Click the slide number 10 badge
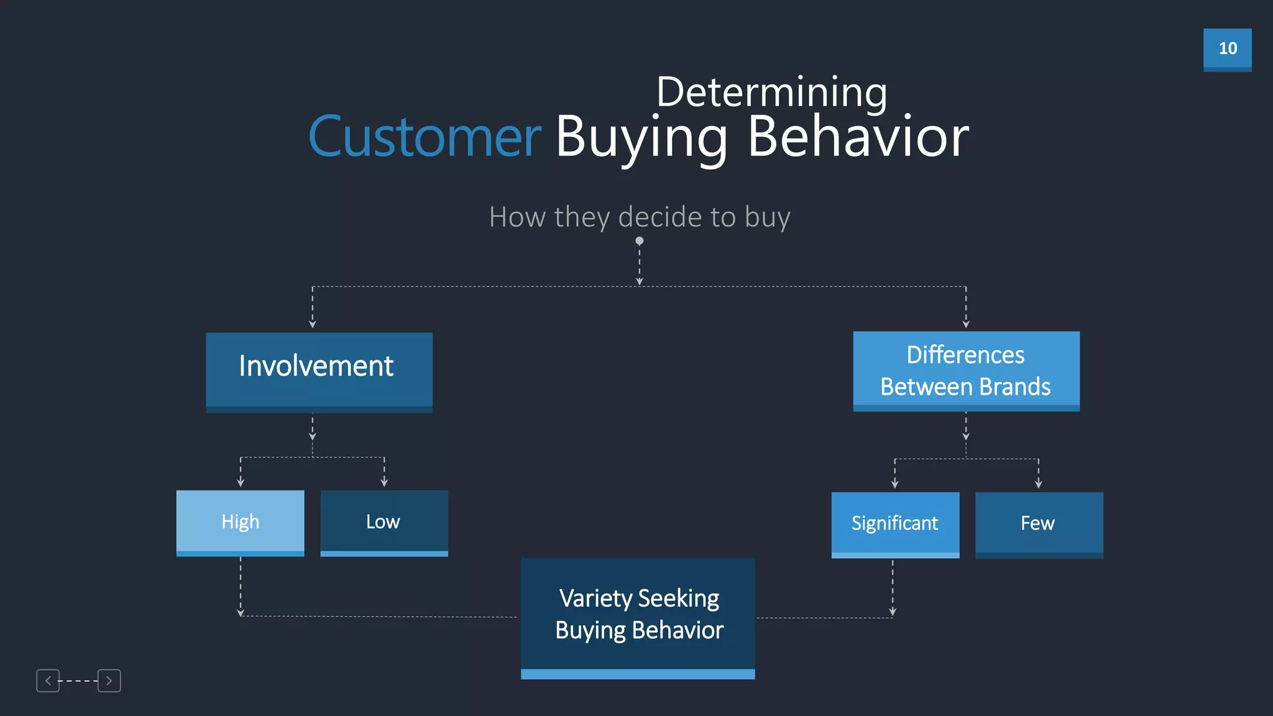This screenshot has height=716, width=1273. click(x=1227, y=49)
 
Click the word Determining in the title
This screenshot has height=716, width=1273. click(x=771, y=92)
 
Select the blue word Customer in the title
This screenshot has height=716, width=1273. click(x=425, y=137)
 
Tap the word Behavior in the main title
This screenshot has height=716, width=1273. click(x=857, y=137)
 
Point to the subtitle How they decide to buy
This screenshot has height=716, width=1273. click(x=639, y=217)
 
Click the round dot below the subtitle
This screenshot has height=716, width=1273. click(x=639, y=241)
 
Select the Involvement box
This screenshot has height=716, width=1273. click(x=319, y=371)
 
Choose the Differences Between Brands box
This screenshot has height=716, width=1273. click(x=965, y=370)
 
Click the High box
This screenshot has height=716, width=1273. click(x=240, y=522)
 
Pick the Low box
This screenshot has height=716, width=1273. click(x=384, y=522)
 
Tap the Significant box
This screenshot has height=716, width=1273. click(x=894, y=524)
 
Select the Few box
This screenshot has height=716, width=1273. click(x=1039, y=524)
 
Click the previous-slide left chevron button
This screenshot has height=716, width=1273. click(x=48, y=681)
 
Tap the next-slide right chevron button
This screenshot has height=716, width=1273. click(x=109, y=681)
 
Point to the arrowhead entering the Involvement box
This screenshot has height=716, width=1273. click(x=313, y=324)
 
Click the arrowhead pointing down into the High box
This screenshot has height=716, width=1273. click(x=241, y=483)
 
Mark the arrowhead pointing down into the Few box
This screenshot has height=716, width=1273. click(x=1039, y=484)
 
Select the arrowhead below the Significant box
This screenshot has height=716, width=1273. click(x=893, y=612)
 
